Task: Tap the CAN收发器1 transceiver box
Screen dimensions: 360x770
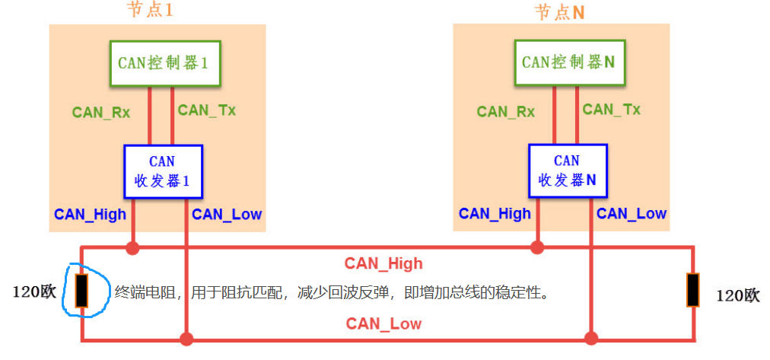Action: pos(163,171)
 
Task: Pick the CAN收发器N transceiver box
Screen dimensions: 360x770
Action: pos(567,171)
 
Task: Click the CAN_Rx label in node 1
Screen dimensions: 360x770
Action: pos(101,112)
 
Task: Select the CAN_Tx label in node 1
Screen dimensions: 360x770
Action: pos(206,110)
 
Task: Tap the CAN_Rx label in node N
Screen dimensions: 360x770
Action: pos(505,112)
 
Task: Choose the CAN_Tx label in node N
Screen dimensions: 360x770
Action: pos(611,110)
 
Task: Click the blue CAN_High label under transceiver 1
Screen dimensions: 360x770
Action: pos(90,214)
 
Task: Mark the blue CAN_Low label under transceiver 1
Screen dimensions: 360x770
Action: pos(227,214)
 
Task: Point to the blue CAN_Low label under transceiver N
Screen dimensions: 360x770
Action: pos(631,214)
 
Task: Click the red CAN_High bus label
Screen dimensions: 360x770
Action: pos(383,263)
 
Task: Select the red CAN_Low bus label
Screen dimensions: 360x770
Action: pos(383,323)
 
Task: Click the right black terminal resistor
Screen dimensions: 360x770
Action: pos(692,290)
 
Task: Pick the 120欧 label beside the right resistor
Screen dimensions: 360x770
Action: pos(737,296)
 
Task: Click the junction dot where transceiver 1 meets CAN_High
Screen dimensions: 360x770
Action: pos(133,247)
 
